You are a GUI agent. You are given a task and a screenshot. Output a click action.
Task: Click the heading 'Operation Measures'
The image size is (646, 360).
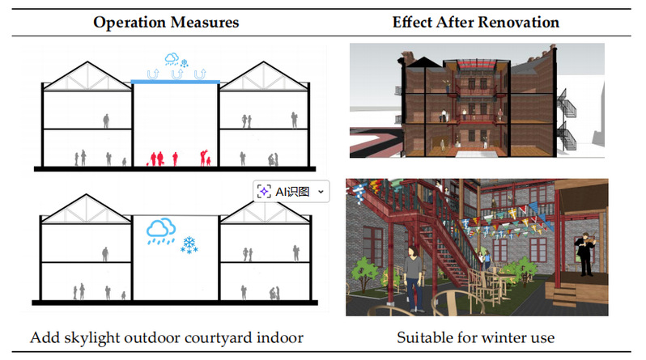point(166,22)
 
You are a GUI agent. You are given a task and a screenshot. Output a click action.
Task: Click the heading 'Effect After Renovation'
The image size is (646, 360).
point(476,22)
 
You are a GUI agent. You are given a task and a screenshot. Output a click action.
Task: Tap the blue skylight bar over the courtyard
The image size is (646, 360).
point(176,82)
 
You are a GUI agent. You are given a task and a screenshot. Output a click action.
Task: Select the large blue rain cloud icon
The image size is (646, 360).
point(160,231)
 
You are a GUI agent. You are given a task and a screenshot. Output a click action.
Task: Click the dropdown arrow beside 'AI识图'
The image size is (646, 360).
point(321,191)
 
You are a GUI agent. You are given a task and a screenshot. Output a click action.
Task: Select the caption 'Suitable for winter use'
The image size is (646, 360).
point(476,337)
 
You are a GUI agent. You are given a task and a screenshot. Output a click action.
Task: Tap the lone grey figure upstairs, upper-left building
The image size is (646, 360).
point(106,121)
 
